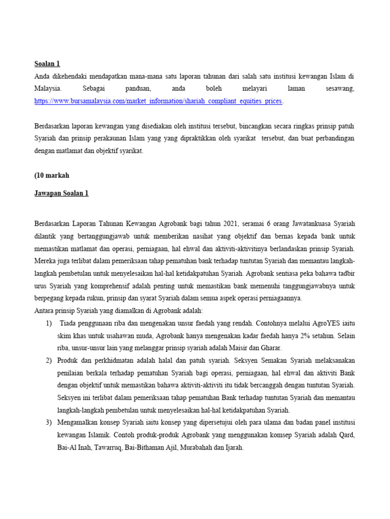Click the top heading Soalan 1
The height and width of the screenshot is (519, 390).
click(x=47, y=63)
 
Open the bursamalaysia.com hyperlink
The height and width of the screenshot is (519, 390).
click(x=158, y=101)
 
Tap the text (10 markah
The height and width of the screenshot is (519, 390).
click(x=52, y=175)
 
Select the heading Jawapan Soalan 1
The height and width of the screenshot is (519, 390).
click(x=61, y=193)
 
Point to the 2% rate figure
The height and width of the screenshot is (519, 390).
click(x=294, y=336)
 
